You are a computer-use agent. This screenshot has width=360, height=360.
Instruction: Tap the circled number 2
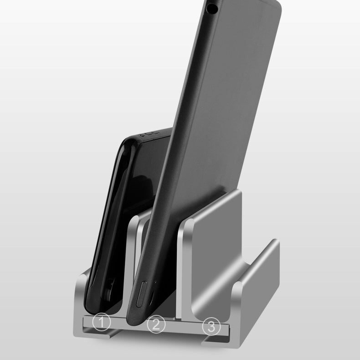(156, 325)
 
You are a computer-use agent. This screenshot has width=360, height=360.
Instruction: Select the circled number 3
(211, 326)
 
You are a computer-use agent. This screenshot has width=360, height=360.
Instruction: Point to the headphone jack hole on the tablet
(211, 7)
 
